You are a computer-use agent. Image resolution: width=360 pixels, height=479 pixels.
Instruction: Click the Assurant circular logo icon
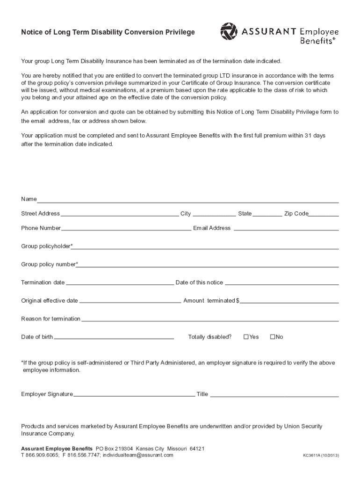pos(229,32)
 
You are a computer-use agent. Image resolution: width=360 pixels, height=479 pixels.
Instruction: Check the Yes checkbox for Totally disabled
pos(246,337)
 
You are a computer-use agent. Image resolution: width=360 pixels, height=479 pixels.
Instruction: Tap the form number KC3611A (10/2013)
pos(321,456)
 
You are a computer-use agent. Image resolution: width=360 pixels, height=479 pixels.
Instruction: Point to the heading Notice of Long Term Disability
pos(108,32)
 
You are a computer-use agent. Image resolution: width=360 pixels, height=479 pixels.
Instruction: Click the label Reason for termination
pos(50,319)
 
